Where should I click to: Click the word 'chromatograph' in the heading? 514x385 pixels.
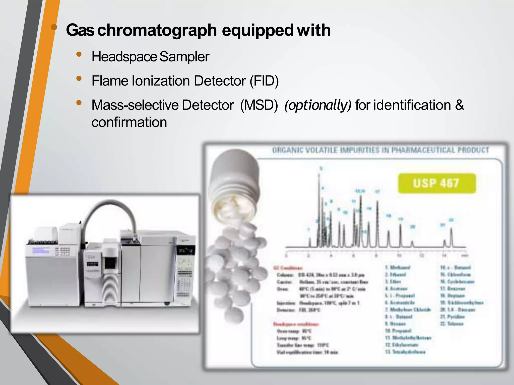[157, 30]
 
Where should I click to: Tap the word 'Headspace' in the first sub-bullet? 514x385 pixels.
[124, 57]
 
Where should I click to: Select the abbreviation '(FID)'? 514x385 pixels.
[264, 81]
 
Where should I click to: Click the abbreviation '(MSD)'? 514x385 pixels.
[259, 105]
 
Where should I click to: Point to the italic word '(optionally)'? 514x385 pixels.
[318, 105]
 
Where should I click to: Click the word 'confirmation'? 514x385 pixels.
[129, 122]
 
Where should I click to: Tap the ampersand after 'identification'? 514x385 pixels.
[459, 105]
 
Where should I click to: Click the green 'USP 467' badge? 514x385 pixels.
[437, 183]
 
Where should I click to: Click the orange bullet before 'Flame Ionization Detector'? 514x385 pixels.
[79, 79]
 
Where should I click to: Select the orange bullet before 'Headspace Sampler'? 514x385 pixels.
[79, 54]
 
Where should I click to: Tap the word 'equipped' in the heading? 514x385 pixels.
[258, 30]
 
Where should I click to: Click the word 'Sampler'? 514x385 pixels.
[184, 57]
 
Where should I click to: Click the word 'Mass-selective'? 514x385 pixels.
[135, 105]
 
